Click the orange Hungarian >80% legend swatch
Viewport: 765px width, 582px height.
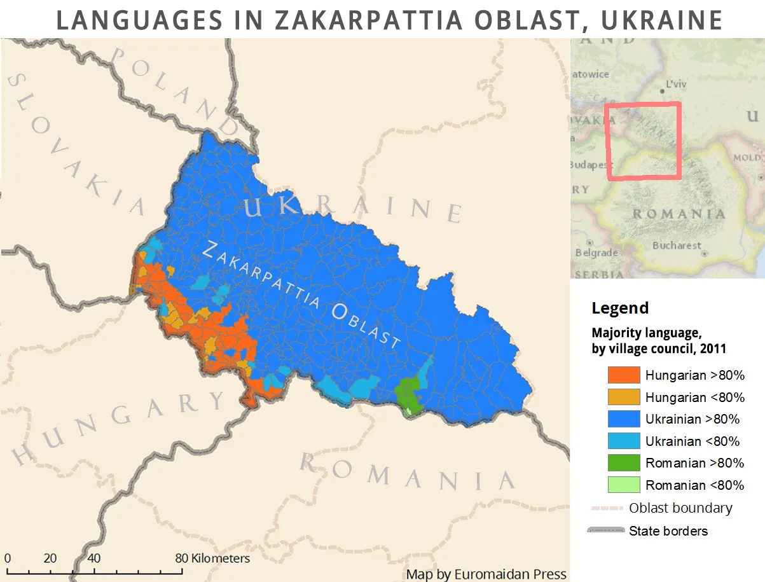pos(623,375)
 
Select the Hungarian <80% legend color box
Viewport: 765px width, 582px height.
pos(623,397)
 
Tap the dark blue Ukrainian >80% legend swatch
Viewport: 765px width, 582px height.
pos(623,419)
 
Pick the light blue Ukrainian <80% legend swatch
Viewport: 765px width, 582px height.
pos(623,441)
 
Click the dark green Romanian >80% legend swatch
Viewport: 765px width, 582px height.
pos(623,462)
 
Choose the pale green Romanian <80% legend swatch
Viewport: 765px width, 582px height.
pos(623,485)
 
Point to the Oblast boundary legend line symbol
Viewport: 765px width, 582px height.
pos(607,508)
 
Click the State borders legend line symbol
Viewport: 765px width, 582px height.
pos(607,530)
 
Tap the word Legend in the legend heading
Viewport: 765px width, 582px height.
pos(620,308)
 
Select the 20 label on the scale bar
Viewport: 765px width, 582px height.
pos(50,558)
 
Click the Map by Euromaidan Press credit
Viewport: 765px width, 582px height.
pos(486,574)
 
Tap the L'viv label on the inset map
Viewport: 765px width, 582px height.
pos(676,83)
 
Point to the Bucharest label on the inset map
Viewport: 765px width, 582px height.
pos(676,246)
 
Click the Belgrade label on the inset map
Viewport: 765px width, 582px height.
pos(596,253)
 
